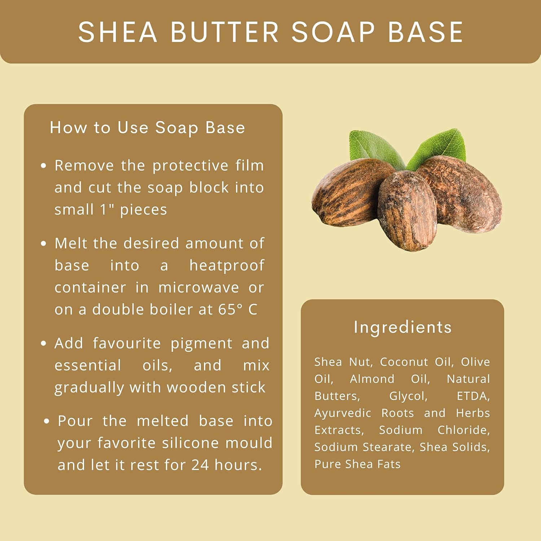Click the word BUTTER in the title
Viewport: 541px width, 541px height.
pyautogui.click(x=224, y=32)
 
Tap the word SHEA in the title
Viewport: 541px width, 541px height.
pyautogui.click(x=118, y=32)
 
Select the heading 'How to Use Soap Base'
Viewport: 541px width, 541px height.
pyautogui.click(x=148, y=128)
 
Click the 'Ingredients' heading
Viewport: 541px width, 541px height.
pyautogui.click(x=403, y=327)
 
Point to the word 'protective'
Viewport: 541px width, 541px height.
pyautogui.click(x=190, y=166)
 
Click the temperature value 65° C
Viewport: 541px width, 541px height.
pyautogui.click(x=238, y=309)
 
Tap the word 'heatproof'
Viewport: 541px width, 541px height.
pyautogui.click(x=227, y=266)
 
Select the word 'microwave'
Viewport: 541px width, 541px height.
pyautogui.click(x=199, y=288)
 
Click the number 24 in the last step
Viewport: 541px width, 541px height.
pyautogui.click(x=200, y=465)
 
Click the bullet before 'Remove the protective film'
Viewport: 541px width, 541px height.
pyautogui.click(x=44, y=166)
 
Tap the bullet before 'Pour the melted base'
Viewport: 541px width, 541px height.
pyautogui.click(x=47, y=421)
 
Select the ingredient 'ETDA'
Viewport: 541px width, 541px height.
pyautogui.click(x=473, y=396)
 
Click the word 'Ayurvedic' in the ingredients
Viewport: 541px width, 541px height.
pyautogui.click(x=343, y=413)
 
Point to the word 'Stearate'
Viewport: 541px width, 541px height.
pyautogui.click(x=388, y=447)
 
